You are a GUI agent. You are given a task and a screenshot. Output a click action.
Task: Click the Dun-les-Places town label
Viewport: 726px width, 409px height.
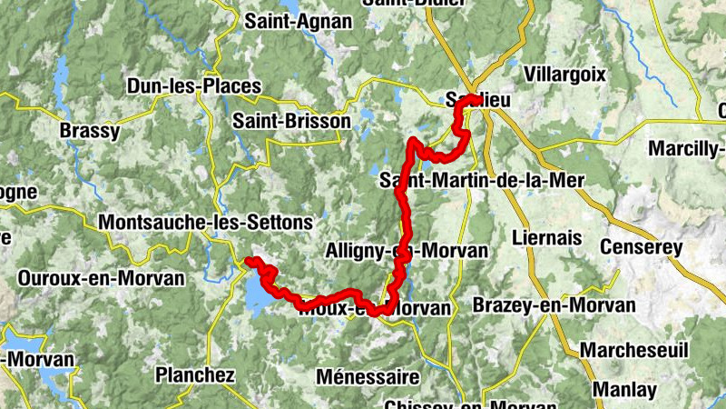(x=194, y=87)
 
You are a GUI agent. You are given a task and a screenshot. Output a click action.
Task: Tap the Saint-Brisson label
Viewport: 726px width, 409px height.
(x=291, y=120)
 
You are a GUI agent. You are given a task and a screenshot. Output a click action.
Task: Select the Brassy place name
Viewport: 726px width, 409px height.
(x=89, y=131)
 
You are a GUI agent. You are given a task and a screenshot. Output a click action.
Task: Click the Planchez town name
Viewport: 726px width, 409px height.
(x=195, y=374)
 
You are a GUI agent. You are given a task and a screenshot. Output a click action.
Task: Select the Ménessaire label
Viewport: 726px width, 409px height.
(x=368, y=376)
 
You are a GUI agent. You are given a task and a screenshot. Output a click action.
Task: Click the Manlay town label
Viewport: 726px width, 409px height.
(x=625, y=390)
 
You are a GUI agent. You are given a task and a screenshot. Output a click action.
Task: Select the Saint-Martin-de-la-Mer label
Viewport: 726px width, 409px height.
(x=482, y=180)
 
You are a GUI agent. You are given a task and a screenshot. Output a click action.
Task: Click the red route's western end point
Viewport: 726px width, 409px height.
(x=249, y=262)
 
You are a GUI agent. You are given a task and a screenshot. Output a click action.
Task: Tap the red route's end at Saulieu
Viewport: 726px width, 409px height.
(x=476, y=98)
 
